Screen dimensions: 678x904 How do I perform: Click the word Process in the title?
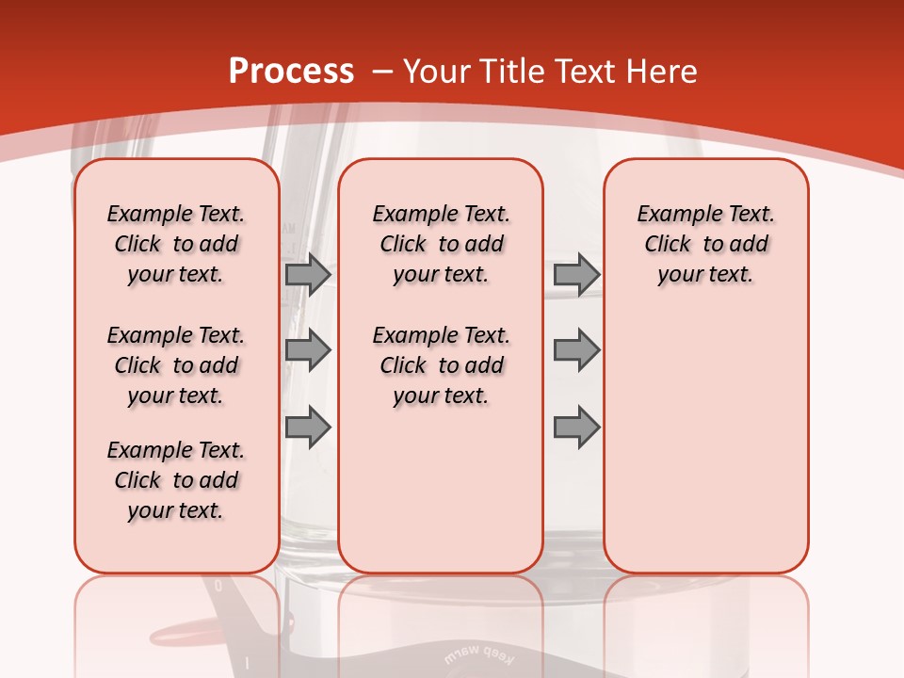pos(291,72)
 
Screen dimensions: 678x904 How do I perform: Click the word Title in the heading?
pos(509,72)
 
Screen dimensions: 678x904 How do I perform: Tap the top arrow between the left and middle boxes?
pos(308,274)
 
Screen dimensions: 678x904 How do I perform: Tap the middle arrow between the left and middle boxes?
pos(308,350)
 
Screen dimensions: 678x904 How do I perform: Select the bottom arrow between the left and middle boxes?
pos(308,428)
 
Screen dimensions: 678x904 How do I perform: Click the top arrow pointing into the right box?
pos(576,274)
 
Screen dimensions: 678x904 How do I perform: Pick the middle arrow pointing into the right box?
pos(576,350)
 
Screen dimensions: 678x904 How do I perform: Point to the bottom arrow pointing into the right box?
pos(576,428)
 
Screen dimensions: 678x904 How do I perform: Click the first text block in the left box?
pos(176,244)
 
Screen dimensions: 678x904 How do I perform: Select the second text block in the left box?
pos(176,365)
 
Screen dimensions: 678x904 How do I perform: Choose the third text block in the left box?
pos(176,480)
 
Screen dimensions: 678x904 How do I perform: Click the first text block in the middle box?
pos(442,244)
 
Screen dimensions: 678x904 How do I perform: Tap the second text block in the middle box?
pos(442,365)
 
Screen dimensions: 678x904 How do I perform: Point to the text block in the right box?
pos(706,244)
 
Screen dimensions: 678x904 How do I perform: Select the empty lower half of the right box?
pos(706,443)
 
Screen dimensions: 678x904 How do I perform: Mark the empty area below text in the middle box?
pos(442,490)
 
